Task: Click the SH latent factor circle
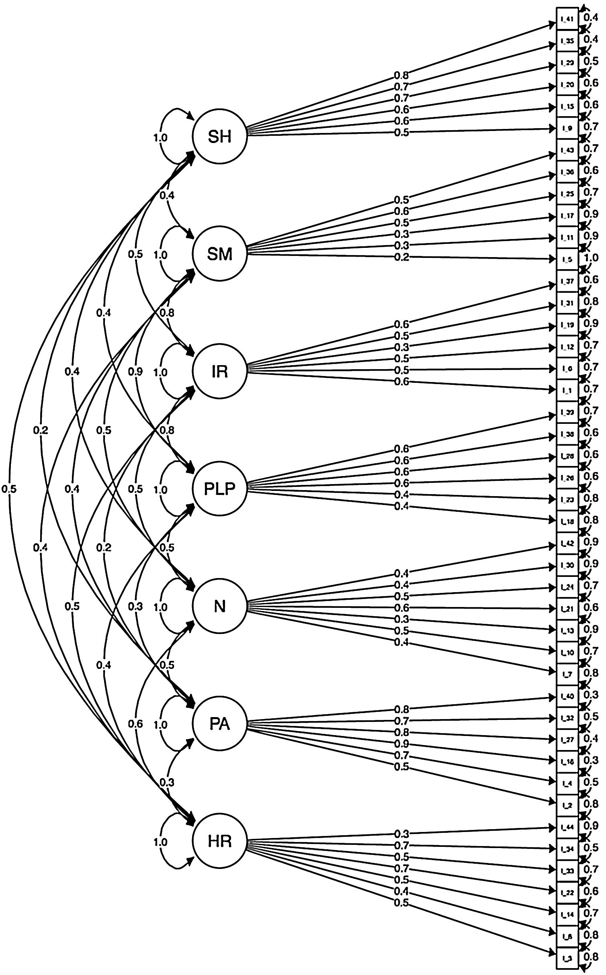point(219,137)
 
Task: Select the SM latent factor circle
point(219,254)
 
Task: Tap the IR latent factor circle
point(219,372)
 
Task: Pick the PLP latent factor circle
point(219,489)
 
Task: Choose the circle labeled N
point(219,607)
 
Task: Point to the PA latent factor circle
point(219,724)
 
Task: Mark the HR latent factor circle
point(219,841)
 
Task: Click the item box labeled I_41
point(567,19)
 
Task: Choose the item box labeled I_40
point(567,695)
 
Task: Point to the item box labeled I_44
point(567,826)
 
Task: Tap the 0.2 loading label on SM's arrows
point(401,258)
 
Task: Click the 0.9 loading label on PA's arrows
point(401,744)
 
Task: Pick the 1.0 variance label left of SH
point(160,138)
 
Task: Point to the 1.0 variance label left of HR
point(160,842)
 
